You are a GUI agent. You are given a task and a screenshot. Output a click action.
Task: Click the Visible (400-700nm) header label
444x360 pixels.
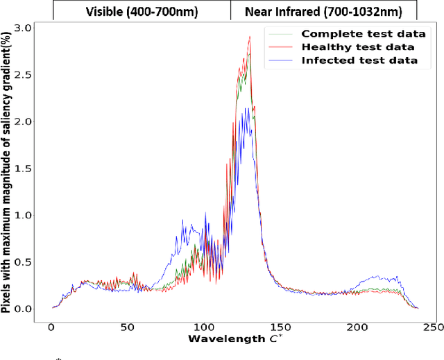click(141, 11)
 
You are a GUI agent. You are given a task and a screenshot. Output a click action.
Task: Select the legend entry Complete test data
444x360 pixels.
click(359, 33)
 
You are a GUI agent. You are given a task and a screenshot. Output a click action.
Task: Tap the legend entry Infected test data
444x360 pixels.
click(359, 60)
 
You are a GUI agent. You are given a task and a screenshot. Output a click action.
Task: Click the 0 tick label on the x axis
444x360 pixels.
click(51, 327)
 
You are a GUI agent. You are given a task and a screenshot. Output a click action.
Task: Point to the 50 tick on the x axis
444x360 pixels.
click(128, 327)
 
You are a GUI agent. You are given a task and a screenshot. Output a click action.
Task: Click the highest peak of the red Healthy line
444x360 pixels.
click(250, 37)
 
